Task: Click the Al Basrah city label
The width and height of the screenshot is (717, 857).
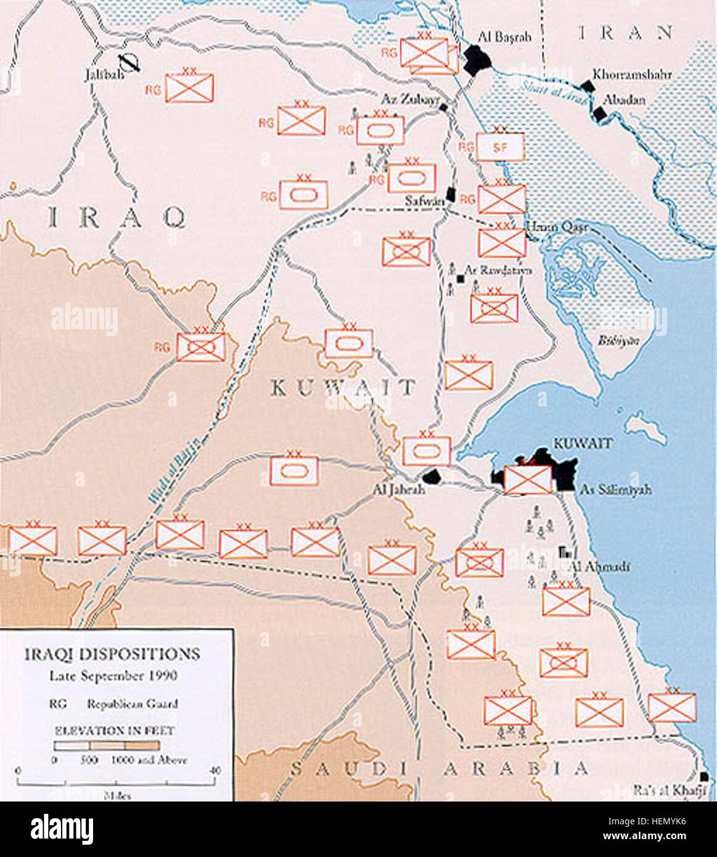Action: [504, 37]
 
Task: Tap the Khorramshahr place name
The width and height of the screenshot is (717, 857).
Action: [632, 75]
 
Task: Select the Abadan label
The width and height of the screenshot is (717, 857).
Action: [624, 99]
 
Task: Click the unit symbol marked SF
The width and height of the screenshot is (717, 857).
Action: [500, 147]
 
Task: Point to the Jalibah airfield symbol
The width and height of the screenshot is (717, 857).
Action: [130, 63]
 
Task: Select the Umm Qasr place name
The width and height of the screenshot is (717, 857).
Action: [557, 228]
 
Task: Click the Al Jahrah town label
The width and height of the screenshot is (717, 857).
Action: [399, 490]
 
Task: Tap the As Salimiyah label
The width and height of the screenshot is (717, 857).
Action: [616, 491]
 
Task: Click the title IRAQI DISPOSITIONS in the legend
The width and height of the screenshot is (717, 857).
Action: [112, 654]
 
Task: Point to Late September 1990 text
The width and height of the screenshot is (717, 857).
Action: [113, 676]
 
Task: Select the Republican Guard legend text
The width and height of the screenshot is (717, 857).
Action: [132, 703]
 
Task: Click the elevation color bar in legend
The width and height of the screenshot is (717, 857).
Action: [106, 745]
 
